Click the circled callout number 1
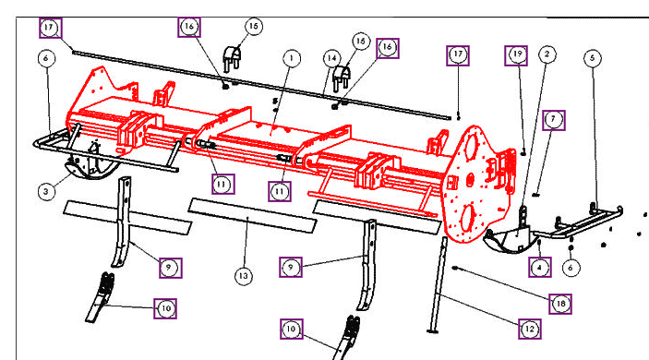291,57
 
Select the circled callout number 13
244,275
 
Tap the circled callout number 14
329,57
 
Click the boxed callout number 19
516,55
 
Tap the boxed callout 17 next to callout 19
459,56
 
